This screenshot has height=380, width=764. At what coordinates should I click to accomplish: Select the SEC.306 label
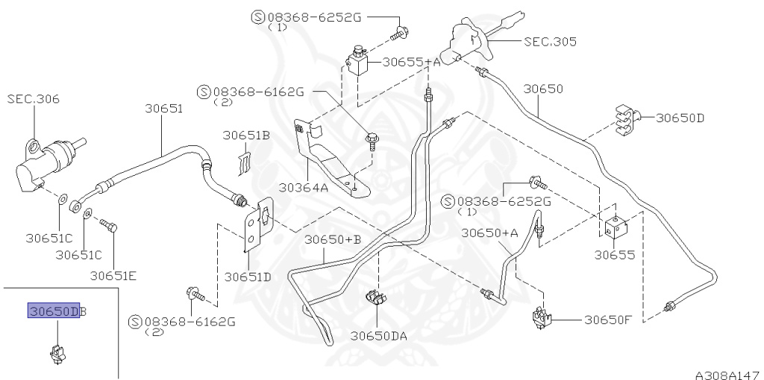click(x=34, y=99)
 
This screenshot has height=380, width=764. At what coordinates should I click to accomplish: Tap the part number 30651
click(x=163, y=109)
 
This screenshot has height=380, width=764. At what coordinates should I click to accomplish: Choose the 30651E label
click(x=113, y=275)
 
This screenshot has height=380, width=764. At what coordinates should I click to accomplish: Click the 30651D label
click(x=248, y=276)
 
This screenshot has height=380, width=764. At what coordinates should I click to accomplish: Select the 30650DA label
click(x=379, y=336)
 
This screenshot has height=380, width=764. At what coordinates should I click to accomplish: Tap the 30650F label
click(x=607, y=320)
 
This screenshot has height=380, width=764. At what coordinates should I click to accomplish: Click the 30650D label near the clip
click(x=680, y=118)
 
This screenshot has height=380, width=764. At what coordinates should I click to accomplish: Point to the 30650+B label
click(x=333, y=239)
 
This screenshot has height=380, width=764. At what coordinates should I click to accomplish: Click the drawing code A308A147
click(x=727, y=372)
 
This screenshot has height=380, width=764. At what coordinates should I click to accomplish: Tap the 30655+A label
click(x=411, y=63)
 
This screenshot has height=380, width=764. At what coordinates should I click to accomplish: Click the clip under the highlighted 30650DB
click(x=57, y=350)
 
